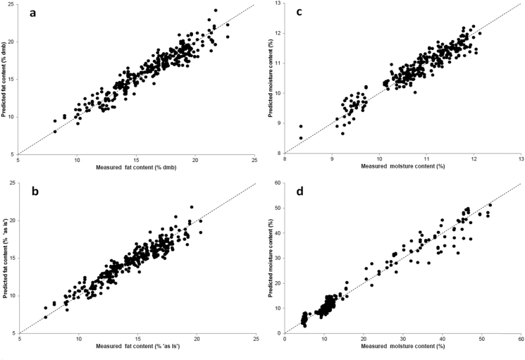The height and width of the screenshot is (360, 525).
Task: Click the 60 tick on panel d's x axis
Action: (x=520, y=340)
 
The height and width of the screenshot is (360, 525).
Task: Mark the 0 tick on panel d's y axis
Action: (x=279, y=333)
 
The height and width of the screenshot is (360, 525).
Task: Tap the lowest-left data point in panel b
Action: (x=46, y=317)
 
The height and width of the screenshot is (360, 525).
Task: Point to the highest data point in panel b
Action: (x=191, y=207)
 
